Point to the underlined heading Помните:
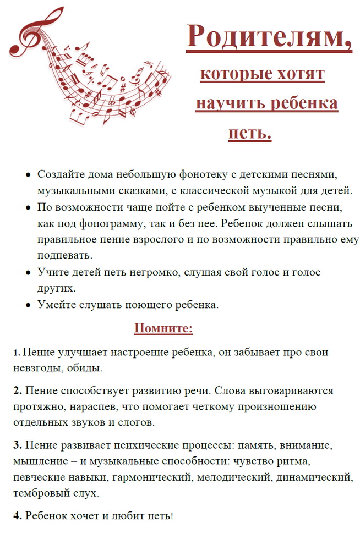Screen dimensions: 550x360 point(163,329)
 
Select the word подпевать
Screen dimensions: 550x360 point(65,256)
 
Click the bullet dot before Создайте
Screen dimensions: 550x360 point(28,175)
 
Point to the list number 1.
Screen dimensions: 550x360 point(17,353)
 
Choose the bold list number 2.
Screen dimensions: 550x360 point(18,391)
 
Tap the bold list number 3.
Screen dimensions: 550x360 point(18,445)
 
